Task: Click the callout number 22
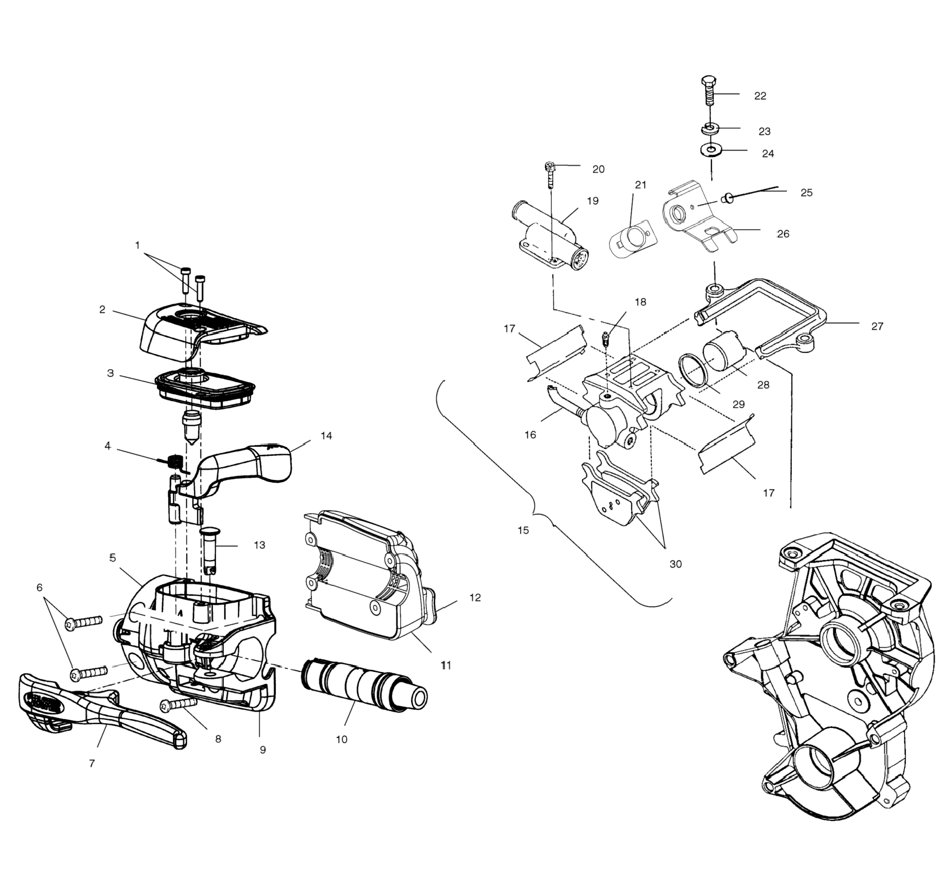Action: (x=760, y=96)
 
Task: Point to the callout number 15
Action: (x=523, y=530)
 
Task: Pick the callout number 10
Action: (x=341, y=739)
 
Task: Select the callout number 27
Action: (x=877, y=326)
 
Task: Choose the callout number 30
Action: (x=675, y=564)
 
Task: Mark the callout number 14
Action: (x=326, y=436)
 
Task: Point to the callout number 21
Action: (x=640, y=185)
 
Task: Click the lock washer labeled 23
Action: (x=711, y=128)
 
